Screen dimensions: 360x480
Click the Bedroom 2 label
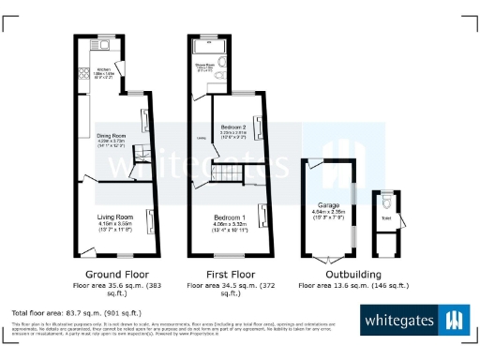click(x=233, y=127)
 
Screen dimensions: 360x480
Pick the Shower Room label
click(x=202, y=65)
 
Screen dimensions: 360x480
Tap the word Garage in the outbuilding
click(x=327, y=204)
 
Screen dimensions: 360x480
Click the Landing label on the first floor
click(x=201, y=141)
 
